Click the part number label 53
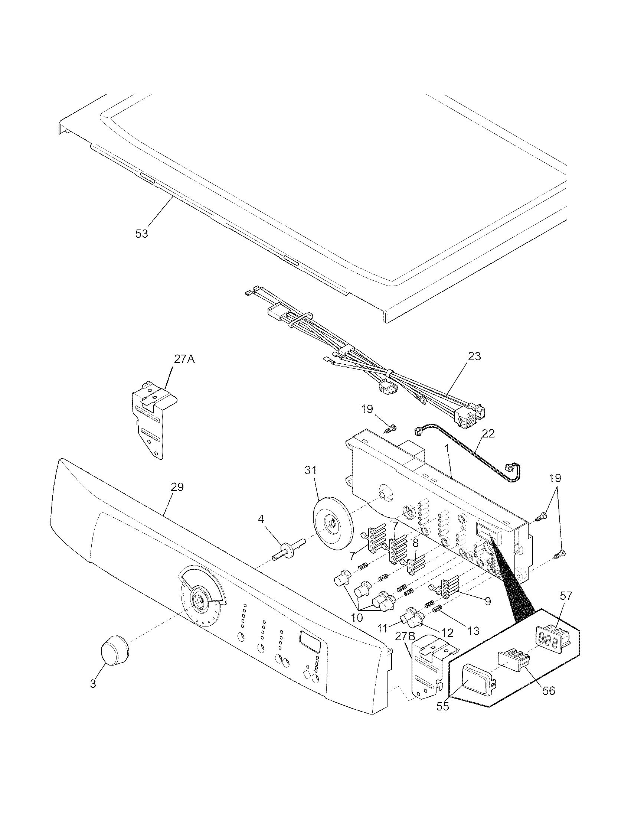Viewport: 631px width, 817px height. tap(142, 234)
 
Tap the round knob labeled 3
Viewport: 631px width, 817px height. tap(114, 650)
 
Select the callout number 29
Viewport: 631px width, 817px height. tap(177, 487)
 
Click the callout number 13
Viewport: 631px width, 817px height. tap(473, 631)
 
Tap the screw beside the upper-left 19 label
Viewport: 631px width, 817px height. tap(391, 427)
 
